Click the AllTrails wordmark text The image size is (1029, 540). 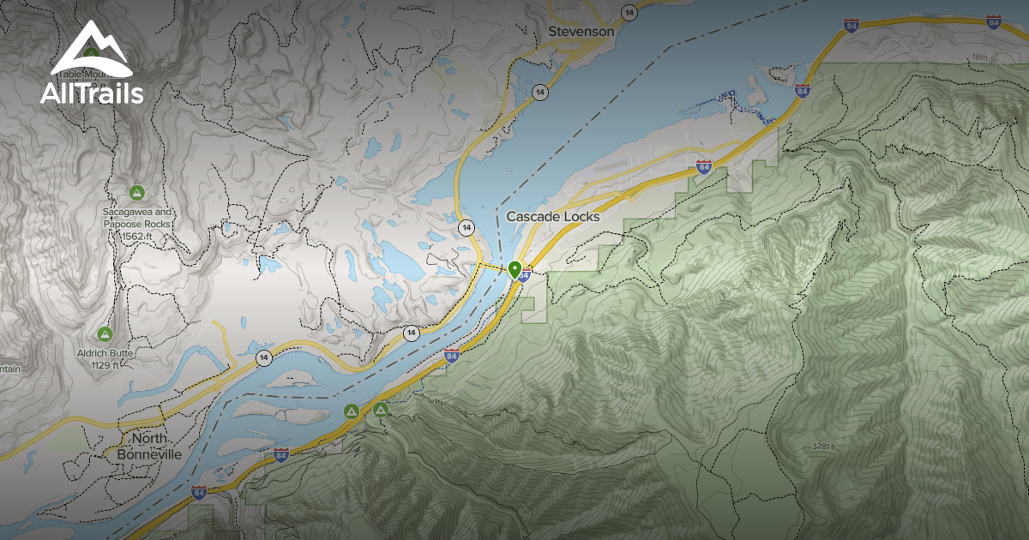[92, 93]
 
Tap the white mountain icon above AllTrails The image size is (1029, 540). [91, 50]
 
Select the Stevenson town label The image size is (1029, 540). [581, 32]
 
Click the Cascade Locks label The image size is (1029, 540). [552, 217]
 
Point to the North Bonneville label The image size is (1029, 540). [149, 447]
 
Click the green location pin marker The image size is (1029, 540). [514, 270]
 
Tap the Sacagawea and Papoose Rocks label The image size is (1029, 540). [137, 218]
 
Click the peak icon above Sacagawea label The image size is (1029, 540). [135, 190]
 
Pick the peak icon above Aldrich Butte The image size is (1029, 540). [105, 333]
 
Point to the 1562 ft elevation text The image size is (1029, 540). [136, 236]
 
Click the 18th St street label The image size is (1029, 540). [981, 57]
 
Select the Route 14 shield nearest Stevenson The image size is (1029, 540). [630, 12]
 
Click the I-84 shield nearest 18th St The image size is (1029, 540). [994, 21]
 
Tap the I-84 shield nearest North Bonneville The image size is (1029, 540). [199, 492]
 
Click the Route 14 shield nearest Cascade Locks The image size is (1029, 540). [466, 227]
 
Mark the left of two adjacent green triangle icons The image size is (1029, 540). [351, 411]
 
